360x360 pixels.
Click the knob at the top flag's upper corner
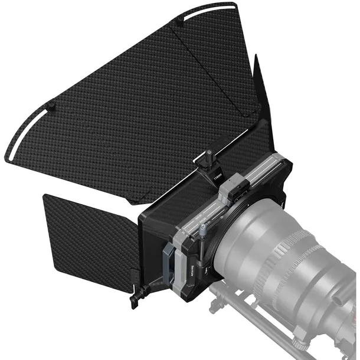point(178,22)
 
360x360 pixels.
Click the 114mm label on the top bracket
point(217,176)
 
